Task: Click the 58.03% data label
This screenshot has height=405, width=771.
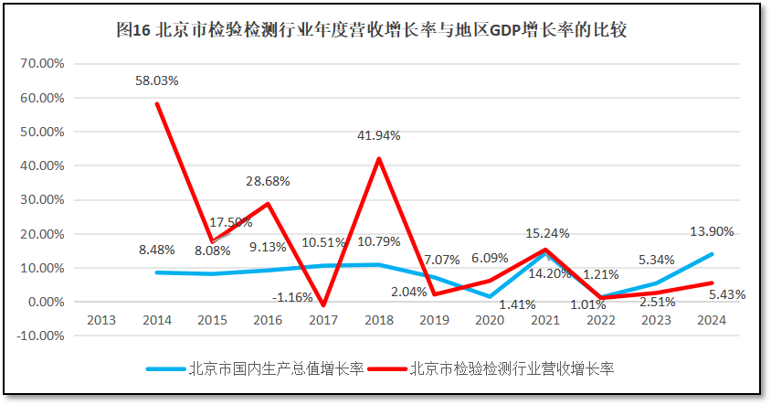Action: tap(156, 80)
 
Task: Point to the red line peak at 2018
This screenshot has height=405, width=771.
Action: tap(379, 159)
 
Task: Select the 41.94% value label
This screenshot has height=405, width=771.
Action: tap(378, 136)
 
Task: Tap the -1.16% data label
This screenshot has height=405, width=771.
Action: tap(292, 297)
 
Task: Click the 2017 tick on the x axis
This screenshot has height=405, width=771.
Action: tap(323, 320)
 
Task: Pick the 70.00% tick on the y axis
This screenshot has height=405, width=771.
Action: tap(42, 64)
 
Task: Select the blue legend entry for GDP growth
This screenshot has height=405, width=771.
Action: tap(256, 369)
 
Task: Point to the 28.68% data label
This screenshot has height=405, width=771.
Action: tap(268, 181)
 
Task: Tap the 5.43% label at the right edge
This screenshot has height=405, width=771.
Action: tap(727, 294)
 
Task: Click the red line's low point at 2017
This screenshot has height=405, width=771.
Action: tap(323, 305)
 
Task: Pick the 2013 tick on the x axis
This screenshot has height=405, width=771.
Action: tap(100, 320)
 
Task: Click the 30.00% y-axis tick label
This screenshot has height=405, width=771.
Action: tap(42, 200)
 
